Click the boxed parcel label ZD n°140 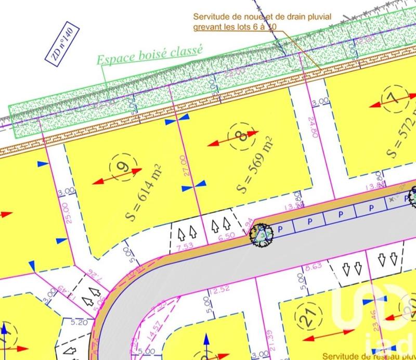64,44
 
